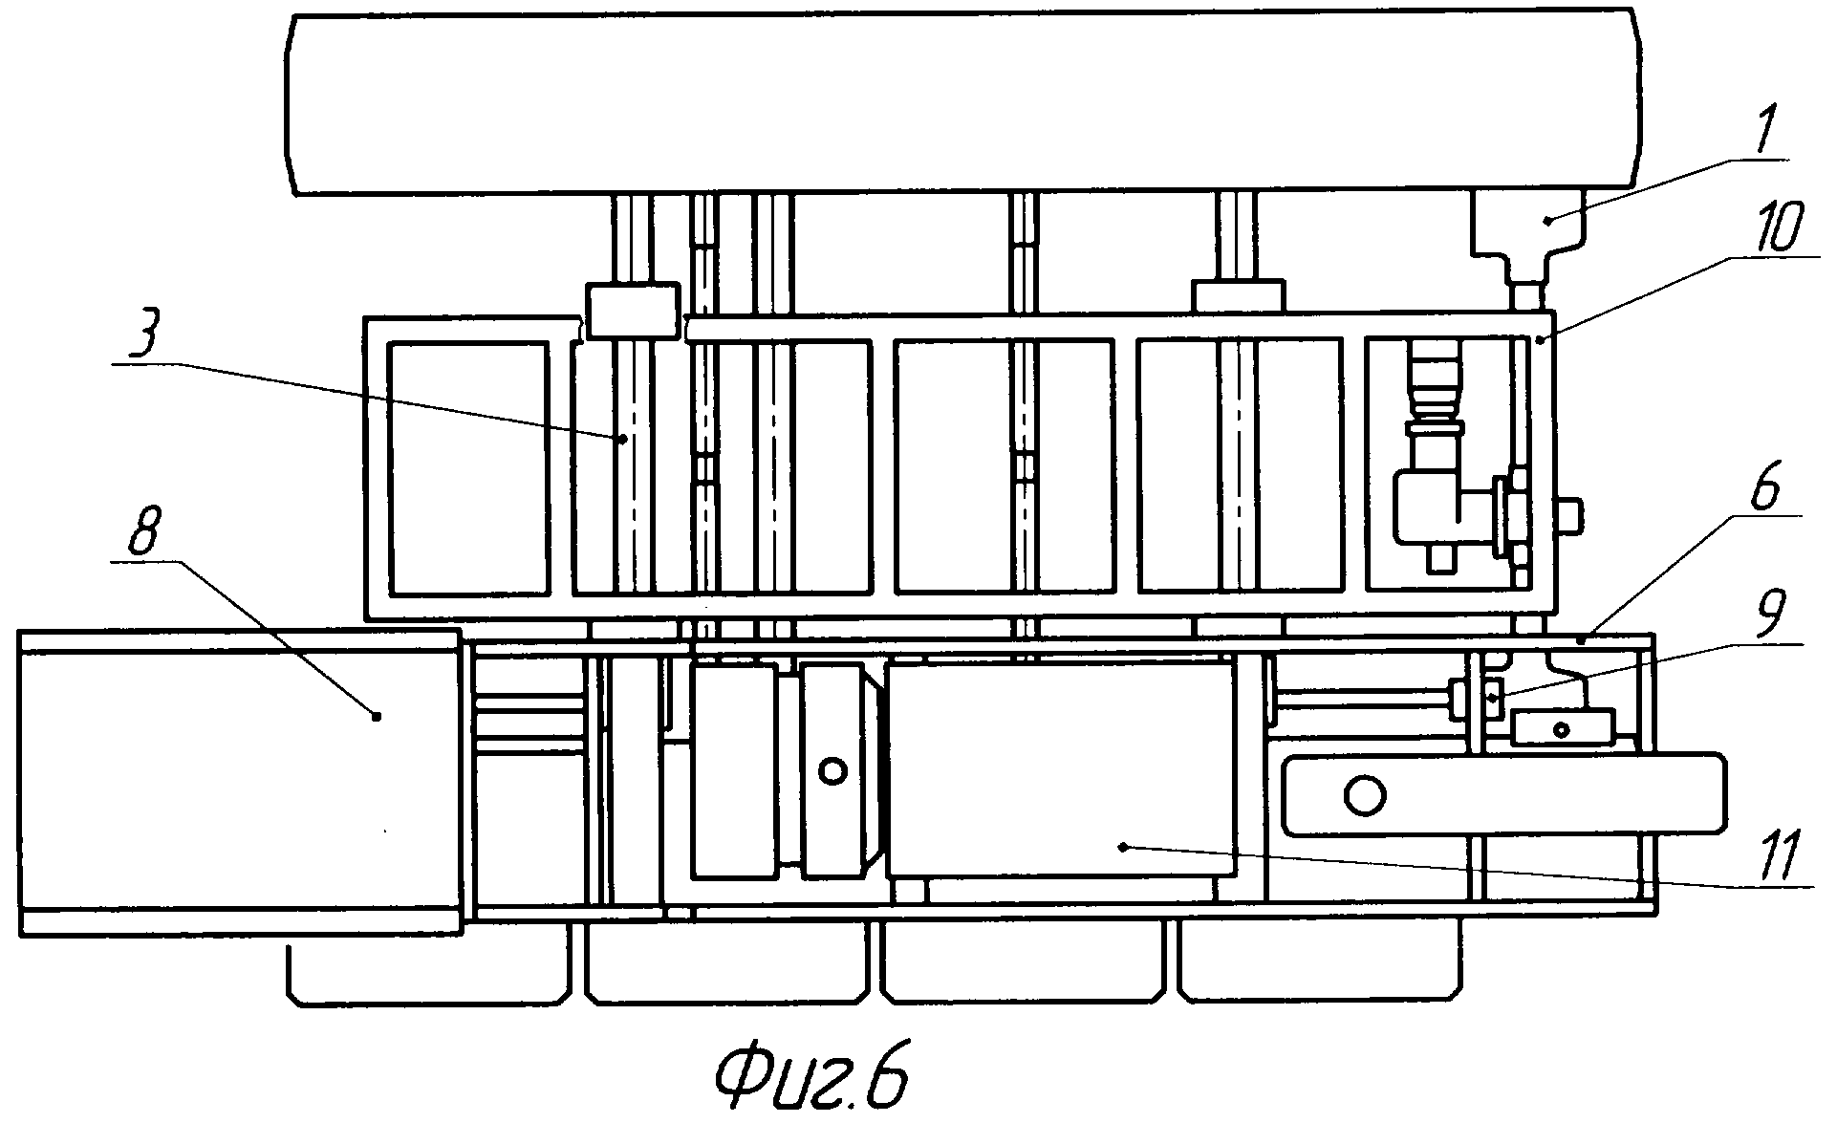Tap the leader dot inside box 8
pyautogui.click(x=377, y=715)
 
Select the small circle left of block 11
pyautogui.click(x=833, y=770)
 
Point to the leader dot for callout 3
pyautogui.click(x=623, y=439)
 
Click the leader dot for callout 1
pyautogui.click(x=1545, y=220)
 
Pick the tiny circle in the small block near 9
pyautogui.click(x=1562, y=730)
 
